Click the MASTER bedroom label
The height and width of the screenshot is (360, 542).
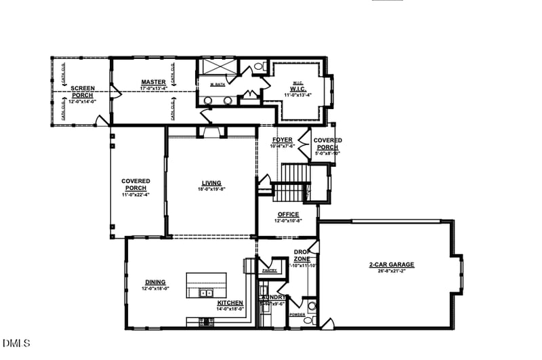(154, 82)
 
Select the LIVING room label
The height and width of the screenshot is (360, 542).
(211, 182)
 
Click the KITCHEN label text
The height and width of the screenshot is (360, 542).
(230, 302)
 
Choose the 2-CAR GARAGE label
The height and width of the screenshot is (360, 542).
(392, 264)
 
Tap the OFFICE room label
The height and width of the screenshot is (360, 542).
(288, 214)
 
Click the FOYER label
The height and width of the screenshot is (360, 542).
(283, 140)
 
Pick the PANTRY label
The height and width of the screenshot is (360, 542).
(269, 271)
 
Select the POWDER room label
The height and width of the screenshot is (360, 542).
(297, 315)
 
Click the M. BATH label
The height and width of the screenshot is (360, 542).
(217, 84)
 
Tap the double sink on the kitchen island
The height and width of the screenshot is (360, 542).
(204, 293)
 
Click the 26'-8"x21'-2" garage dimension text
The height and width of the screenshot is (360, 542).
(392, 271)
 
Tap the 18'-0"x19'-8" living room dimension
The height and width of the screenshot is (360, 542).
(211, 189)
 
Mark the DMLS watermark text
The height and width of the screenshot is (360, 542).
(16, 343)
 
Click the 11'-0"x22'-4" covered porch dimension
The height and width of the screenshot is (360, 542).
(135, 195)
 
